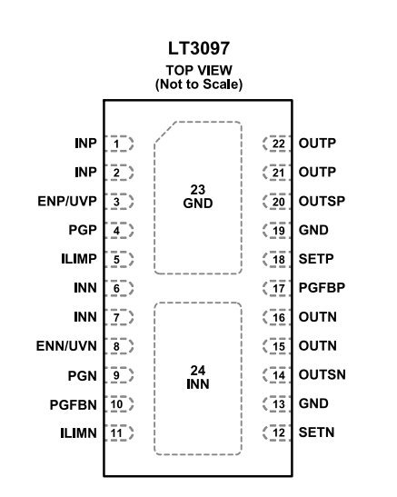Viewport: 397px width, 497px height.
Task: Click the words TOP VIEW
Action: [x=198, y=68]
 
